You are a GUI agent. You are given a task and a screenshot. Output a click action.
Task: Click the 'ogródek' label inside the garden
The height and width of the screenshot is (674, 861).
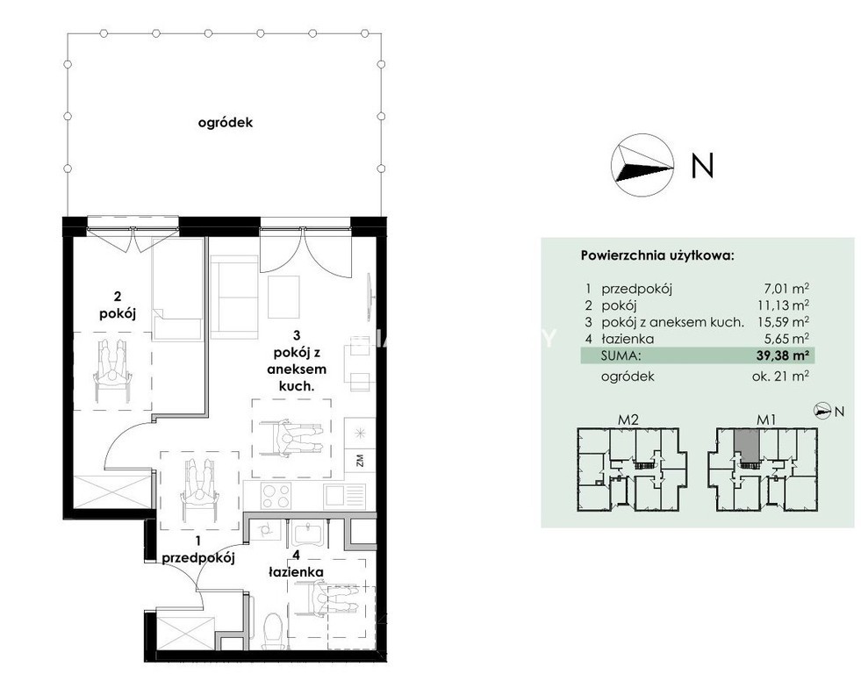pyautogui.click(x=226, y=122)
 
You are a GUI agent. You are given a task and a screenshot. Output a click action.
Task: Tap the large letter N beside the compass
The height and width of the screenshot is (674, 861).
pyautogui.click(x=702, y=165)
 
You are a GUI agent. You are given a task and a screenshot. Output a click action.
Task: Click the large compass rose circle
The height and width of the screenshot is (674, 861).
pyautogui.click(x=642, y=165)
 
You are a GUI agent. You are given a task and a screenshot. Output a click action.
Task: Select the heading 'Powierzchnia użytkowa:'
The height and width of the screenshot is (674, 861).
pyautogui.click(x=657, y=255)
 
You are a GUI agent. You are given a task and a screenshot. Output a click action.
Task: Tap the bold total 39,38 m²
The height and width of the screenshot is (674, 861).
pyautogui.click(x=783, y=355)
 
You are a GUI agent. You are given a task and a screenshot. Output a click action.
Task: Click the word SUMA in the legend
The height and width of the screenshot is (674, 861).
pyautogui.click(x=621, y=355)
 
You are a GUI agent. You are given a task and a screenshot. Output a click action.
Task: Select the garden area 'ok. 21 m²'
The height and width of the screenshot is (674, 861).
pyautogui.click(x=780, y=376)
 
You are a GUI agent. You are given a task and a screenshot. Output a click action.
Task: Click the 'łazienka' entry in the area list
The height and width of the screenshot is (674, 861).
pyautogui.click(x=628, y=339)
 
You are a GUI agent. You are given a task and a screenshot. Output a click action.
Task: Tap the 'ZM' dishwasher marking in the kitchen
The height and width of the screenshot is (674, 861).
pyautogui.click(x=360, y=460)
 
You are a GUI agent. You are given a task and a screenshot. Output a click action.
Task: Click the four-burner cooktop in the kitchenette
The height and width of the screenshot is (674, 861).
pyautogui.click(x=276, y=496)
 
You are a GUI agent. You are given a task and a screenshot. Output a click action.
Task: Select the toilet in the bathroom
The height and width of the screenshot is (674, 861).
pyautogui.click(x=272, y=631)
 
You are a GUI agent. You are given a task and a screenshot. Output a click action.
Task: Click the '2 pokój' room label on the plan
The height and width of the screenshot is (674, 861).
pyautogui.click(x=118, y=305)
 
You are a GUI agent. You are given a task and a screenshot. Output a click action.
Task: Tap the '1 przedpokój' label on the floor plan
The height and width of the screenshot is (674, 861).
pyautogui.click(x=198, y=550)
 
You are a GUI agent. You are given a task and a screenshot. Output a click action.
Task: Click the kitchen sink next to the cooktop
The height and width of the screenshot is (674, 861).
pyautogui.click(x=344, y=496)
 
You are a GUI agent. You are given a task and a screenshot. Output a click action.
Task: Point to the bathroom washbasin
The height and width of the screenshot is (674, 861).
pyautogui.click(x=305, y=534)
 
